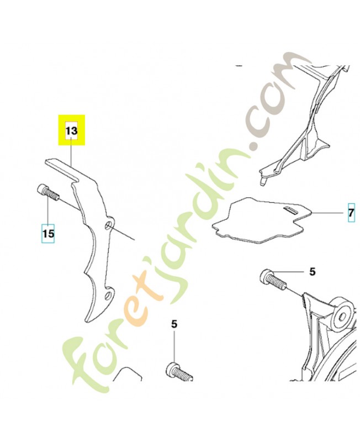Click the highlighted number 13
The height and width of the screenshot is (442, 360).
(72, 131)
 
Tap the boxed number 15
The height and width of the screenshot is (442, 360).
(48, 233)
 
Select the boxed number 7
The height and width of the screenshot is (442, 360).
(351, 213)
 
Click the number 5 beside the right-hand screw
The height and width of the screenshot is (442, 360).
(313, 272)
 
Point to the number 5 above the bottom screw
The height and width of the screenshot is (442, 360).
(174, 324)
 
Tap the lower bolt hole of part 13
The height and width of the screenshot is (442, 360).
(108, 296)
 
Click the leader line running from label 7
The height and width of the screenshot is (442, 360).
(327, 213)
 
